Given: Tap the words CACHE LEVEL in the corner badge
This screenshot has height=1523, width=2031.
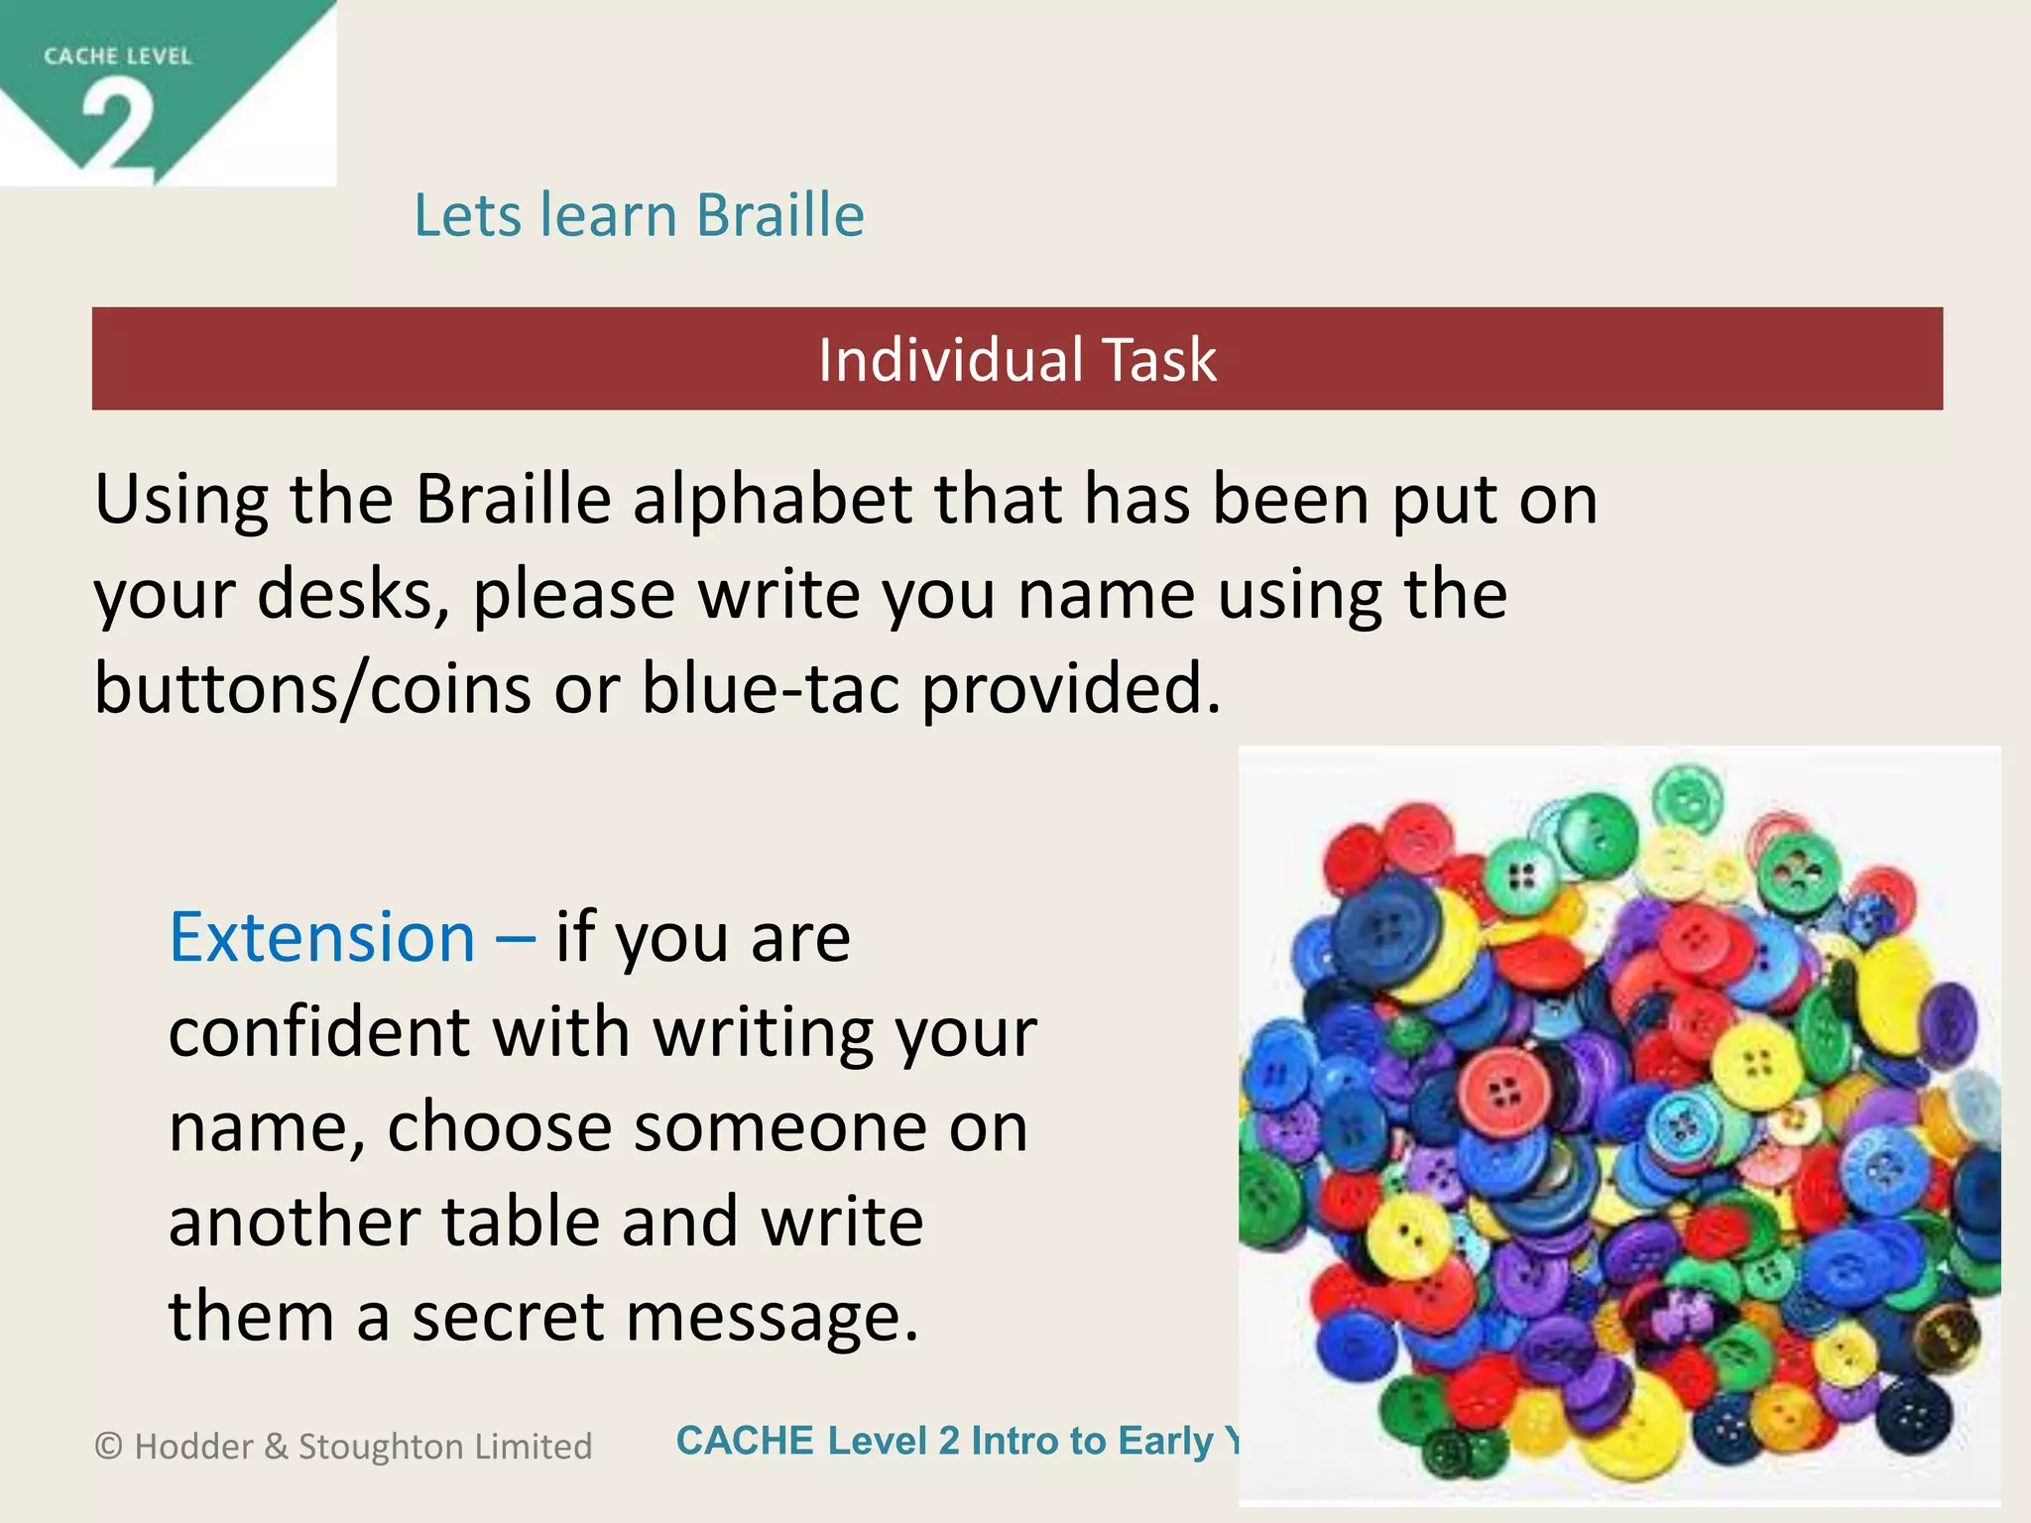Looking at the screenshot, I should point(117,57).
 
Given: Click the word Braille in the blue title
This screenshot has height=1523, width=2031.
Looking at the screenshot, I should point(779,215).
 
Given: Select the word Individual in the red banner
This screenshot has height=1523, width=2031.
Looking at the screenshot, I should point(950,360).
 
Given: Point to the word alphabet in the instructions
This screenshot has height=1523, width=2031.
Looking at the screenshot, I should point(773,500).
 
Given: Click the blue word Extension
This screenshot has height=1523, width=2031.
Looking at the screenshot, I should point(322,938).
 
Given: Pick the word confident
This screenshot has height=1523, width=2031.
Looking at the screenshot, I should point(318,1033).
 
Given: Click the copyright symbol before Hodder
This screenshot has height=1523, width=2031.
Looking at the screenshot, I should point(108,1447).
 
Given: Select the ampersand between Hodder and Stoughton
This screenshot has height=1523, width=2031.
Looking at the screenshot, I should point(276,1447).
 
